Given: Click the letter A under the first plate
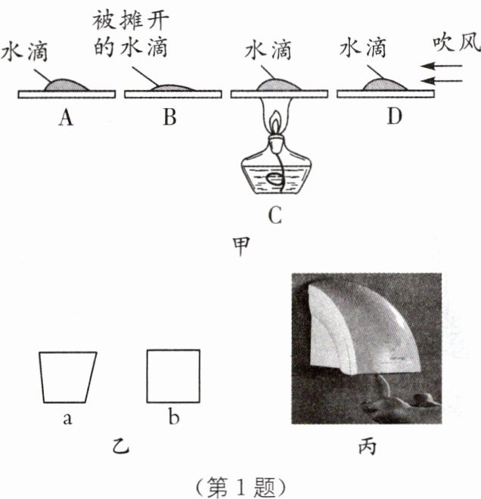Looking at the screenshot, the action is (66, 118).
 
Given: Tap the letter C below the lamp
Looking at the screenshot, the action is (275, 218).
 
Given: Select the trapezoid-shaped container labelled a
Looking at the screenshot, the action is (67, 377).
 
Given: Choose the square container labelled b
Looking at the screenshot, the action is (173, 375).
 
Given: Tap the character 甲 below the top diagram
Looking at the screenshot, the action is (240, 246).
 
